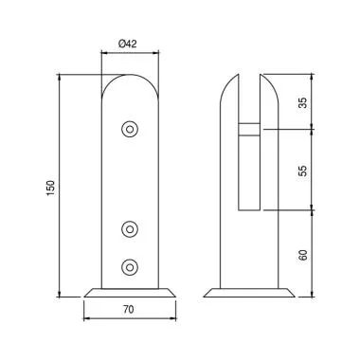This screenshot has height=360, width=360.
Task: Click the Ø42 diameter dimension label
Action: (x=128, y=44)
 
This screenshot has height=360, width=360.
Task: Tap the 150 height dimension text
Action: (x=51, y=189)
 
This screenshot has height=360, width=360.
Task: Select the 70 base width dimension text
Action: (x=129, y=310)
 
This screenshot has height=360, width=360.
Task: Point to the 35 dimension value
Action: (x=302, y=103)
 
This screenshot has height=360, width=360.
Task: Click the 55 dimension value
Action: (x=302, y=171)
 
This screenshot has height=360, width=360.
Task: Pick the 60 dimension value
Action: (x=302, y=255)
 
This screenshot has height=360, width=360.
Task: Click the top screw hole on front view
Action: (x=130, y=129)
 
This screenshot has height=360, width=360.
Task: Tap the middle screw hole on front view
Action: (x=130, y=228)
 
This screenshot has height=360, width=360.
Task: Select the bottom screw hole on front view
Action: (x=130, y=267)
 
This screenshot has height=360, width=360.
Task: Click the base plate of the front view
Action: (x=130, y=293)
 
